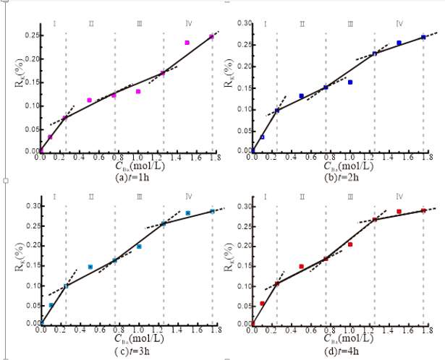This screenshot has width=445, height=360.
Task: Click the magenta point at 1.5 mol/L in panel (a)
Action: (187, 43)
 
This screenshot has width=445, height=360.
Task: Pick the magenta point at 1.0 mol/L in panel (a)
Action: (138, 92)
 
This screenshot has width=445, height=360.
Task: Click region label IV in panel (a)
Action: (187, 24)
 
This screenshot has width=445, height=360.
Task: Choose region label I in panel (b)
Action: (266, 24)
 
